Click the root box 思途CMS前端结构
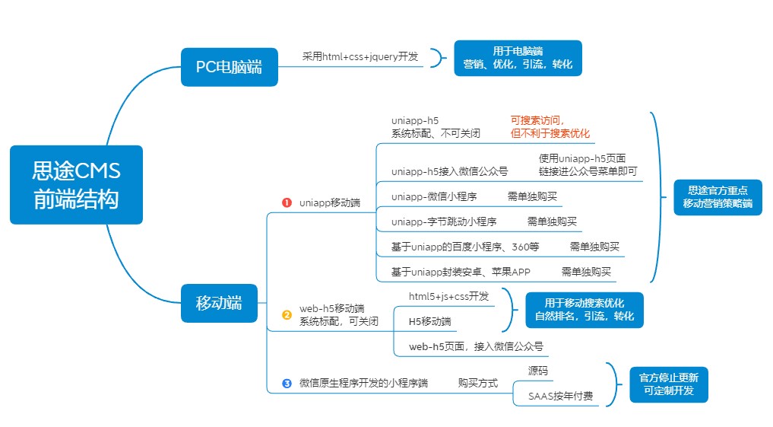click(x=76, y=185)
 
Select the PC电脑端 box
click(x=229, y=66)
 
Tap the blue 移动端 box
click(x=219, y=302)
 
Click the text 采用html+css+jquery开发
click(x=360, y=56)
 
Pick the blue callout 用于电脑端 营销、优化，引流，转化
click(x=518, y=59)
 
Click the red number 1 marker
click(x=287, y=202)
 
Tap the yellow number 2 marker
click(x=287, y=314)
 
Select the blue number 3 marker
click(x=287, y=383)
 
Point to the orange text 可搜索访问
click(x=538, y=120)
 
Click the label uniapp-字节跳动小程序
click(x=444, y=221)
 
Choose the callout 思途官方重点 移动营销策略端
click(x=718, y=197)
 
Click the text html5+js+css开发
click(x=448, y=295)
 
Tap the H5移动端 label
click(x=429, y=320)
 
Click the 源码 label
click(x=538, y=371)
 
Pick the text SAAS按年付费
click(x=560, y=396)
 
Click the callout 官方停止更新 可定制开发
click(x=669, y=383)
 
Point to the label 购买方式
click(x=477, y=383)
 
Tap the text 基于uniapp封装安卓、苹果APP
click(x=461, y=272)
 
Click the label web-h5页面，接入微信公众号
click(x=476, y=346)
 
